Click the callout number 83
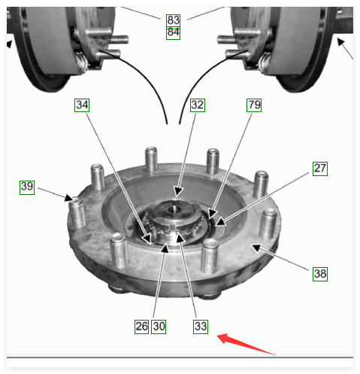[x=173, y=20]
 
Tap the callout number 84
[x=173, y=33]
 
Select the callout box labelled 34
[x=82, y=105]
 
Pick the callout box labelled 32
[x=198, y=105]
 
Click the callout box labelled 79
[x=254, y=105]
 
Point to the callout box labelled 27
[x=320, y=169]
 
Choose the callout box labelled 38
[x=320, y=274]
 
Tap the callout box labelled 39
[x=27, y=187]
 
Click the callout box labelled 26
[x=141, y=327]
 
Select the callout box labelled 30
[x=159, y=327]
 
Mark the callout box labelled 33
[x=201, y=327]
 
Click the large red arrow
[x=247, y=344]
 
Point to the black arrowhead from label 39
[x=69, y=198]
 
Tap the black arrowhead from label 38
[x=257, y=248]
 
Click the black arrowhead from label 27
[x=220, y=222]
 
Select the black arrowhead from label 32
[x=178, y=192]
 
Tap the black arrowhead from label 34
[x=147, y=239]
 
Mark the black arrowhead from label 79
[x=213, y=214]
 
